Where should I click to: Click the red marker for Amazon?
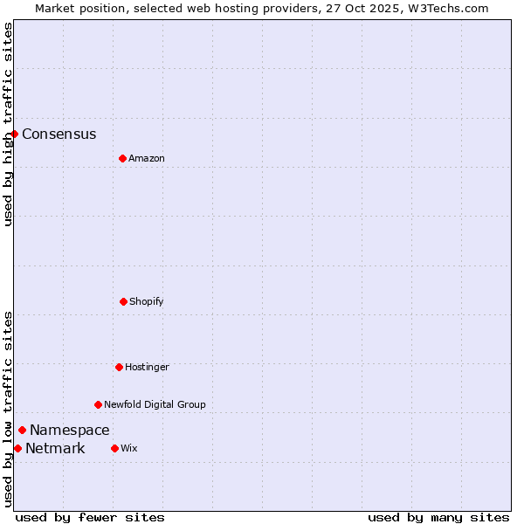(x=122, y=158)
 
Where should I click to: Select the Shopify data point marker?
(x=123, y=301)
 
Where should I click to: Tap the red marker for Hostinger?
(x=119, y=367)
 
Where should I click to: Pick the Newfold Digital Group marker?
(x=98, y=404)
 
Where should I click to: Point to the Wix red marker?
(x=114, y=448)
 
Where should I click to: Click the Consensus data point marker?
(x=15, y=134)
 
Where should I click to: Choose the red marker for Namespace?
(x=22, y=430)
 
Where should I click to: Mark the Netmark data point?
(x=17, y=448)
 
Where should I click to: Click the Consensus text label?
(x=59, y=134)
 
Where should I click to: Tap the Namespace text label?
(x=70, y=431)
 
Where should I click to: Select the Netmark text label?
(x=55, y=449)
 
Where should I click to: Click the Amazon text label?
(x=147, y=159)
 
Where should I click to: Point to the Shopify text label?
(x=147, y=302)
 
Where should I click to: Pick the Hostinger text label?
(x=147, y=368)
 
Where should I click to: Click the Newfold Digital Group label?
(x=155, y=405)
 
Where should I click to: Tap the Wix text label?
(x=129, y=449)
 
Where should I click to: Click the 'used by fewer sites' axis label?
(x=90, y=518)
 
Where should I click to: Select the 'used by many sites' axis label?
(x=438, y=518)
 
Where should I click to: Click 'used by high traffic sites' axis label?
(x=9, y=124)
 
